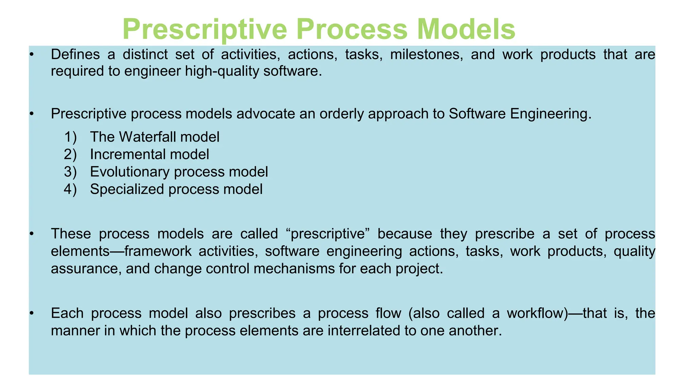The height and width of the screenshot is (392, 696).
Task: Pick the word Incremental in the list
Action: click(128, 154)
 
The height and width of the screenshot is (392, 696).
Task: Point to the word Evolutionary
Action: click(130, 172)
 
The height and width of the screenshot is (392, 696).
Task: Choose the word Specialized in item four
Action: click(127, 189)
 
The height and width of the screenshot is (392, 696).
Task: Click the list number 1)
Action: click(70, 137)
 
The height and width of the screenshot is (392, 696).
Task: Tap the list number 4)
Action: click(70, 189)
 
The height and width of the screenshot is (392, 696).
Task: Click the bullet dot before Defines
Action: click(32, 54)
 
